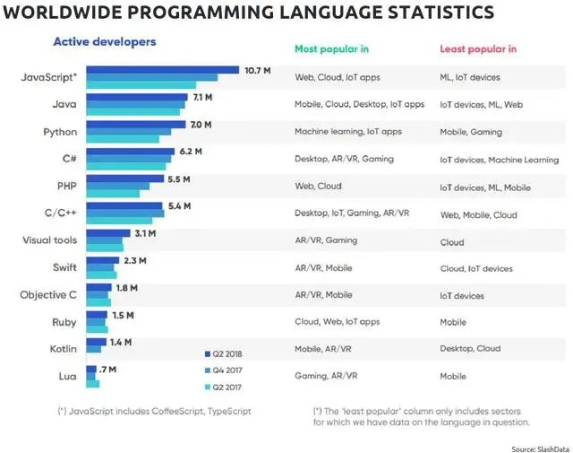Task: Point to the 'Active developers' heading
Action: coord(104,42)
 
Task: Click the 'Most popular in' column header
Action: coord(331,48)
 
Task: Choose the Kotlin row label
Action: coord(61,348)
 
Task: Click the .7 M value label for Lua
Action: coord(108,369)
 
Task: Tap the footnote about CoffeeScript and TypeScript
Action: coord(154,411)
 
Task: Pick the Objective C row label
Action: coord(49,294)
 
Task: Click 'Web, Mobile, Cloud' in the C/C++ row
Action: coord(478,215)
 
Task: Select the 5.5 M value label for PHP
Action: coord(179,179)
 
